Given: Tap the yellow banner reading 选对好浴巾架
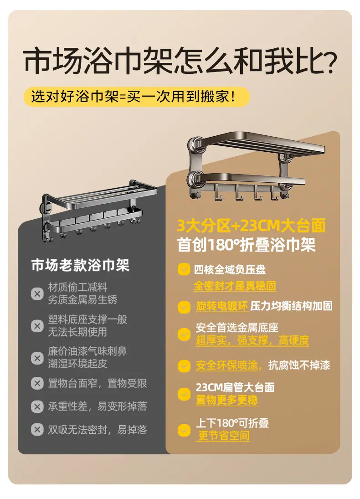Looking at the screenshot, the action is [x=137, y=97].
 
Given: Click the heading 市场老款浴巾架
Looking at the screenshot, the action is [x=80, y=265].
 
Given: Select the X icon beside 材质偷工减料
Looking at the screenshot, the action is [x=37, y=293].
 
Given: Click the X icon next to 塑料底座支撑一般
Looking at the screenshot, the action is [x=37, y=326].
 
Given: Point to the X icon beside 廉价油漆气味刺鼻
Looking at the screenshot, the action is [x=37, y=358].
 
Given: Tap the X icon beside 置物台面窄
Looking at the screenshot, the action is [x=37, y=383].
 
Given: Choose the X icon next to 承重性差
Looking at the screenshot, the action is [x=37, y=406].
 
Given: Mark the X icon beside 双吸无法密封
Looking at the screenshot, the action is [x=37, y=430].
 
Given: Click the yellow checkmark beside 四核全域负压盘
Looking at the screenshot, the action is [x=184, y=269].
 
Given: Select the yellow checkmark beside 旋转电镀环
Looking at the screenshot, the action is [x=184, y=307].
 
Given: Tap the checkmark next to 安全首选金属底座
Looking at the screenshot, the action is [x=184, y=334].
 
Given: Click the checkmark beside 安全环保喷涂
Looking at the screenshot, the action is [x=184, y=365].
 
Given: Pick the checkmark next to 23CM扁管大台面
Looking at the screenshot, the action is [x=184, y=394].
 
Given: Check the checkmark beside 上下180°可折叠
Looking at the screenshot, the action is [x=184, y=430].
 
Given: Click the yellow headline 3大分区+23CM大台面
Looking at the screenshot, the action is [x=251, y=226].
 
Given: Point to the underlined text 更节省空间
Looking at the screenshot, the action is [x=223, y=436].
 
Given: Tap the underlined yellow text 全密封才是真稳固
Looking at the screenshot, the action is [x=235, y=286].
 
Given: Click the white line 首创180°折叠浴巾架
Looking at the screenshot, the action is [x=247, y=245].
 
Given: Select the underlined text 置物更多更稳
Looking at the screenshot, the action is [x=226, y=400].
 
